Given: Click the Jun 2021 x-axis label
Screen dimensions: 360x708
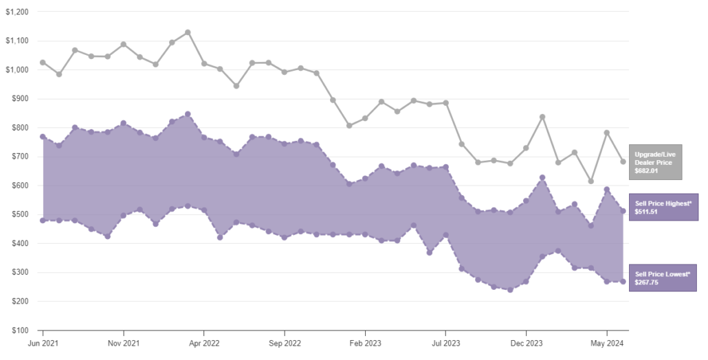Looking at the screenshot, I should click(x=43, y=342).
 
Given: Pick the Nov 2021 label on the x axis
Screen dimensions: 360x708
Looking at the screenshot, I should click(x=123, y=342).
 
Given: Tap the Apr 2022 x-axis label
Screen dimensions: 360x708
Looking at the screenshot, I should click(x=204, y=342).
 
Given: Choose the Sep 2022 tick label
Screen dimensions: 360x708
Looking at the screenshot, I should click(x=285, y=342).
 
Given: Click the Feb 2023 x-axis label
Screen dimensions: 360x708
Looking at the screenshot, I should click(x=365, y=342).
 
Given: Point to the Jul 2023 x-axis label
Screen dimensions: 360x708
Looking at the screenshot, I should click(x=446, y=342).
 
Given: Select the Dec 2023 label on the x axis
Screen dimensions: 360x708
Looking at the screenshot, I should click(x=527, y=342).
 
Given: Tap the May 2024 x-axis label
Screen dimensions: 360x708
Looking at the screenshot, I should click(x=607, y=342).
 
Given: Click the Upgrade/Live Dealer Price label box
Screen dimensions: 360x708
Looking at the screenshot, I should click(x=655, y=161).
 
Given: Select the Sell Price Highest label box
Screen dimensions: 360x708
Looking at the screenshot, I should click(x=663, y=207).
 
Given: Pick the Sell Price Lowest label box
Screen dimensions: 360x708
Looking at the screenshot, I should click(x=663, y=278).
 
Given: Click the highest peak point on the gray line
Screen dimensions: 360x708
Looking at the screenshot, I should click(x=188, y=32).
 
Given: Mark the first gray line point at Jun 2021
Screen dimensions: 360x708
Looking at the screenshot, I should click(x=43, y=63).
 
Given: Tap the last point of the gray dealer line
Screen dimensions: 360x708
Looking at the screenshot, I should click(x=623, y=161).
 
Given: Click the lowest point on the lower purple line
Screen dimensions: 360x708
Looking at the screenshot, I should click(x=510, y=290).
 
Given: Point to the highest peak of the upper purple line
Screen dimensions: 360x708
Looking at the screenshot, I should click(x=188, y=114).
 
